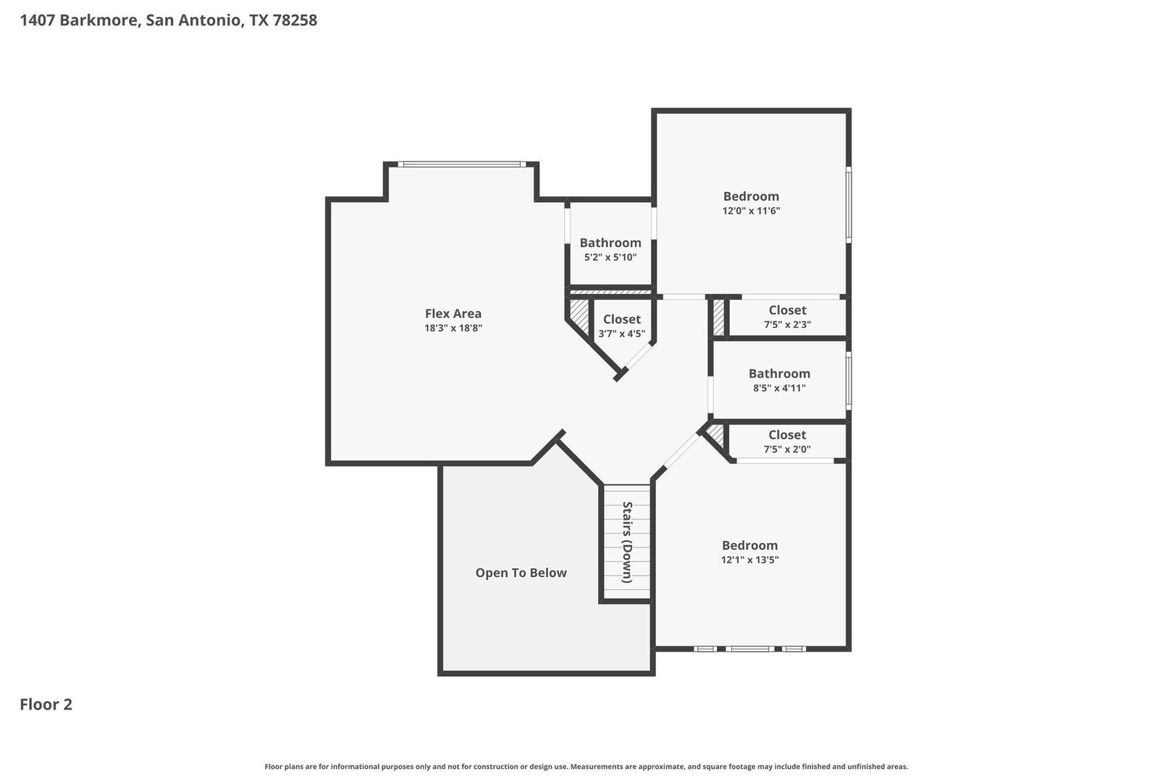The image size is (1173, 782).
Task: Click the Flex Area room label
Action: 453,314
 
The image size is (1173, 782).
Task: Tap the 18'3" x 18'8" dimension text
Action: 453,329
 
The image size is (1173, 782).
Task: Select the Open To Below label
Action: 521,573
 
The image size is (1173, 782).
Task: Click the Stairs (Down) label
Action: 627,542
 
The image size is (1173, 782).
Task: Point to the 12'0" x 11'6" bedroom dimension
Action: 751,211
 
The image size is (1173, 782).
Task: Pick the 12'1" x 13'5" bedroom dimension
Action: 750,560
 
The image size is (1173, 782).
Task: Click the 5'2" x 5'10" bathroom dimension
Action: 610,257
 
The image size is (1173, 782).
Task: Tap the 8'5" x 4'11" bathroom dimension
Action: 779,388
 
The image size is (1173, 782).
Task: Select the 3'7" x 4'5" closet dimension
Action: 622,334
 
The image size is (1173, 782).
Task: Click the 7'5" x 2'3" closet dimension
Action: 788,324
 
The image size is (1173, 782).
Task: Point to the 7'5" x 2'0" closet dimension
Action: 787,450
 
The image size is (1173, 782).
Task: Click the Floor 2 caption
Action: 46,705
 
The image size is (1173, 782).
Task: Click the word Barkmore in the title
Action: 100,20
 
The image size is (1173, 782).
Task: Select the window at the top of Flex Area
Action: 462,164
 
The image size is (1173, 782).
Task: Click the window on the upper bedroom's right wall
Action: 849,205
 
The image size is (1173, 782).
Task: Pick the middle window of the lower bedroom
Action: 750,649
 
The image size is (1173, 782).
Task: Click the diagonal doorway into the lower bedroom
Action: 680,450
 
